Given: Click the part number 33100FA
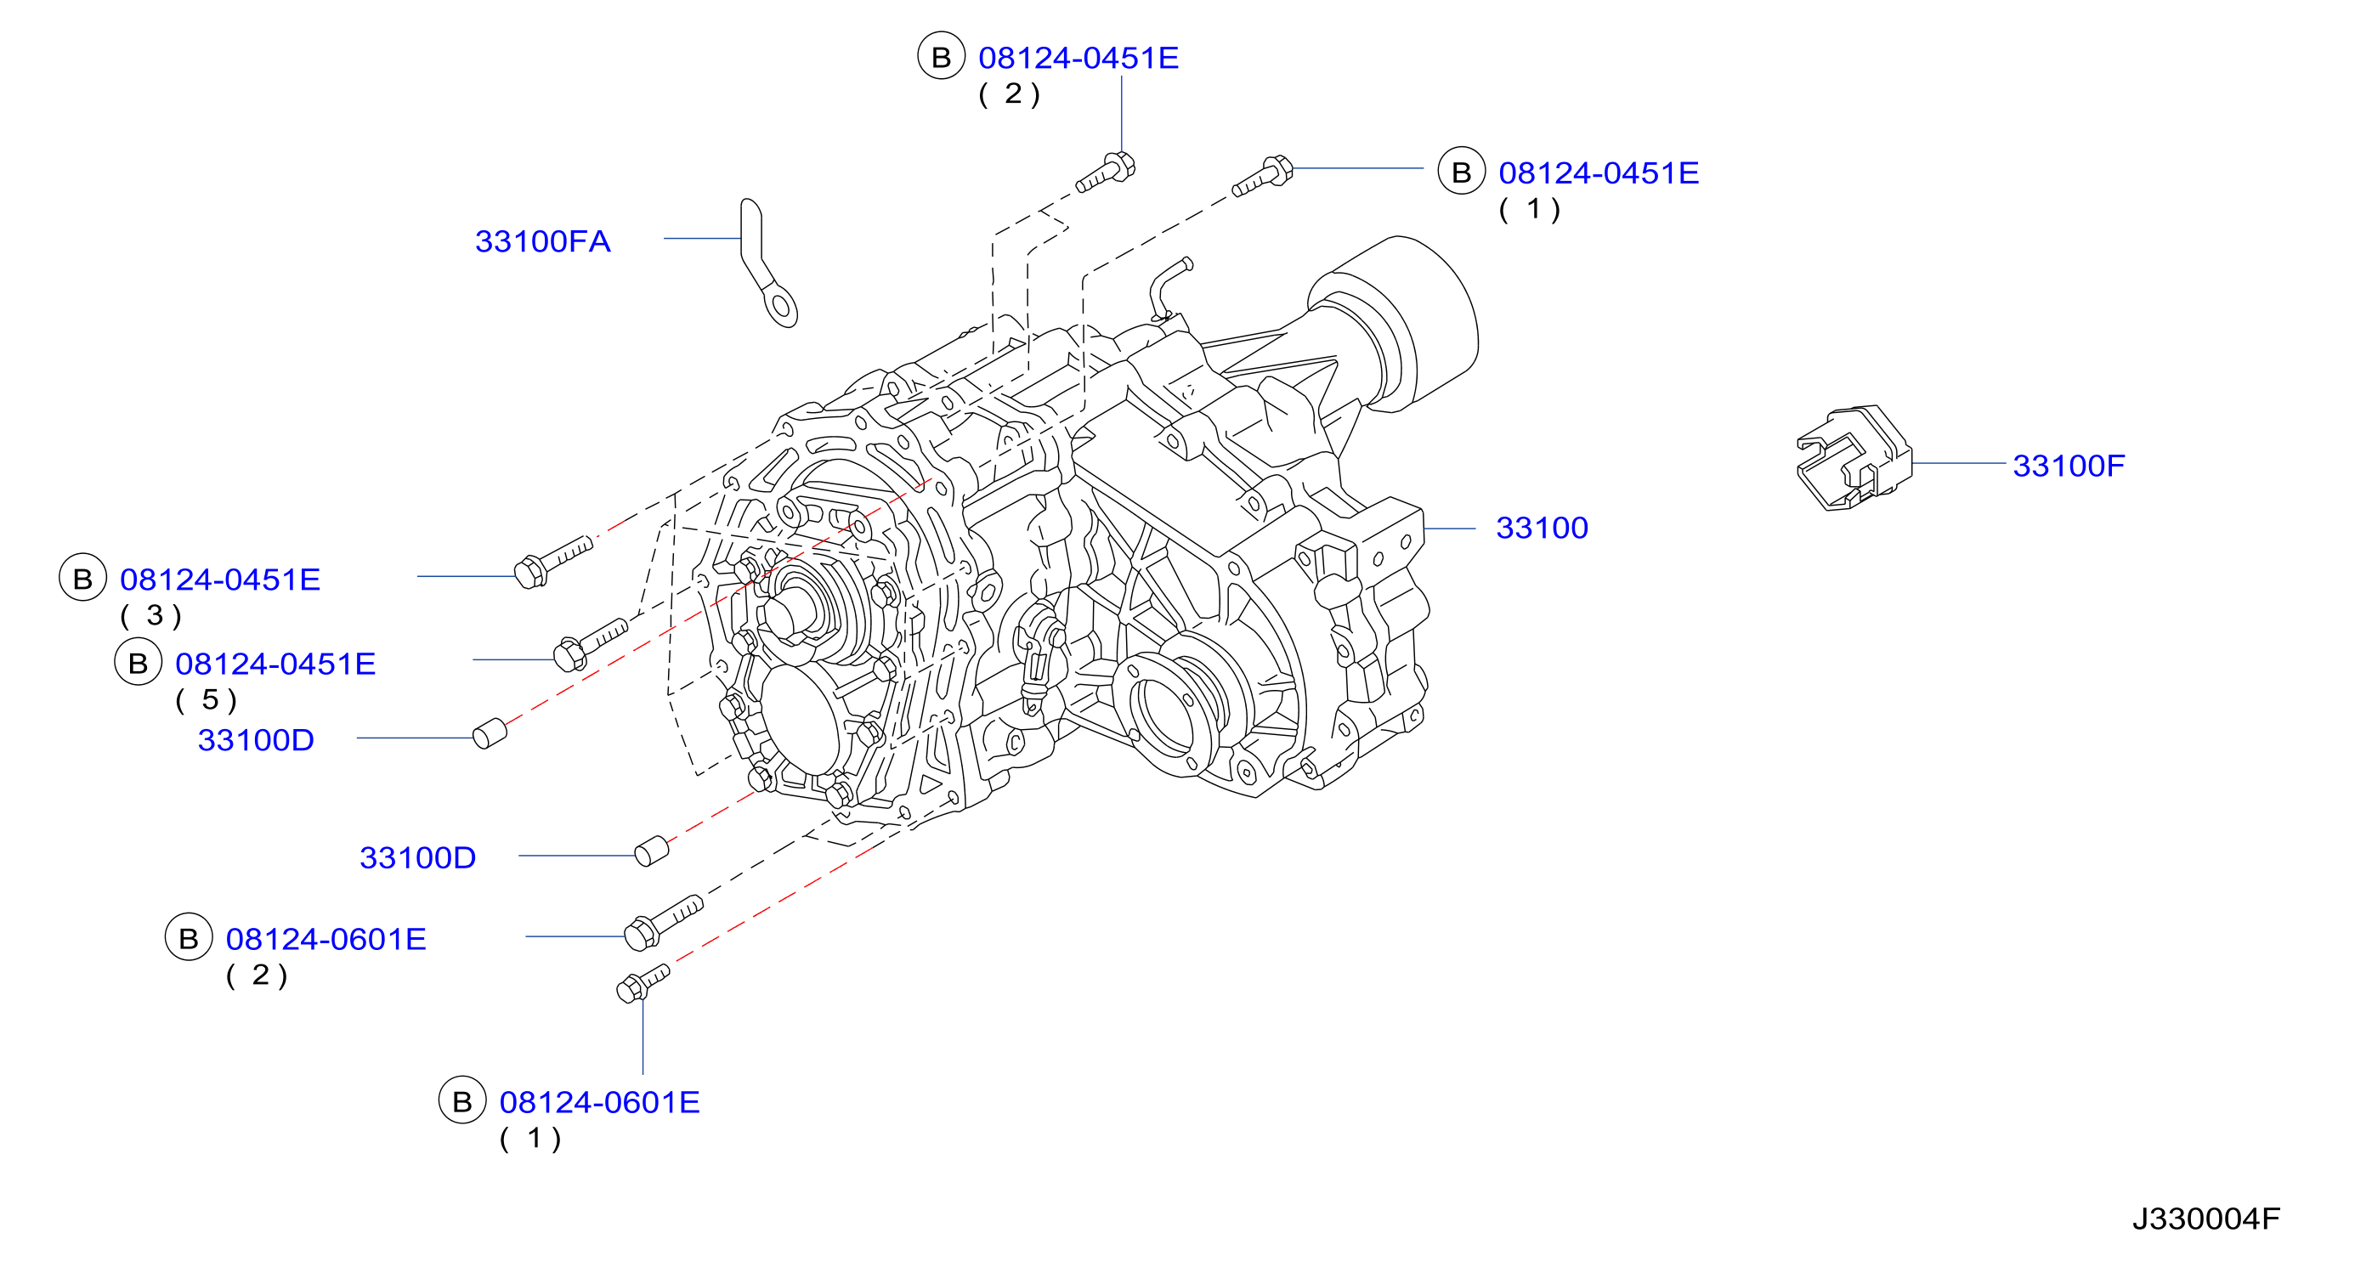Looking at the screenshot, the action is point(542,241).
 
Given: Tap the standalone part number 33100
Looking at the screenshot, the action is point(1542,528).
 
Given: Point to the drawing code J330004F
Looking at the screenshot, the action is point(2206,1219).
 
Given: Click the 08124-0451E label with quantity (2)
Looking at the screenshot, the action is point(1078,58).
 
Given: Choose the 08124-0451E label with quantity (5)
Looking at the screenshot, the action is point(275,664).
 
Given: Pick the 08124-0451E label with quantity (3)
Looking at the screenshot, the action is point(220,579).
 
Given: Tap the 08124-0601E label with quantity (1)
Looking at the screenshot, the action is point(599,1102).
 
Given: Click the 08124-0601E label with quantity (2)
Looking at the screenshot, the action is point(326,939).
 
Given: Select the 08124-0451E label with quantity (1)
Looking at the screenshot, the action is point(1599,173).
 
